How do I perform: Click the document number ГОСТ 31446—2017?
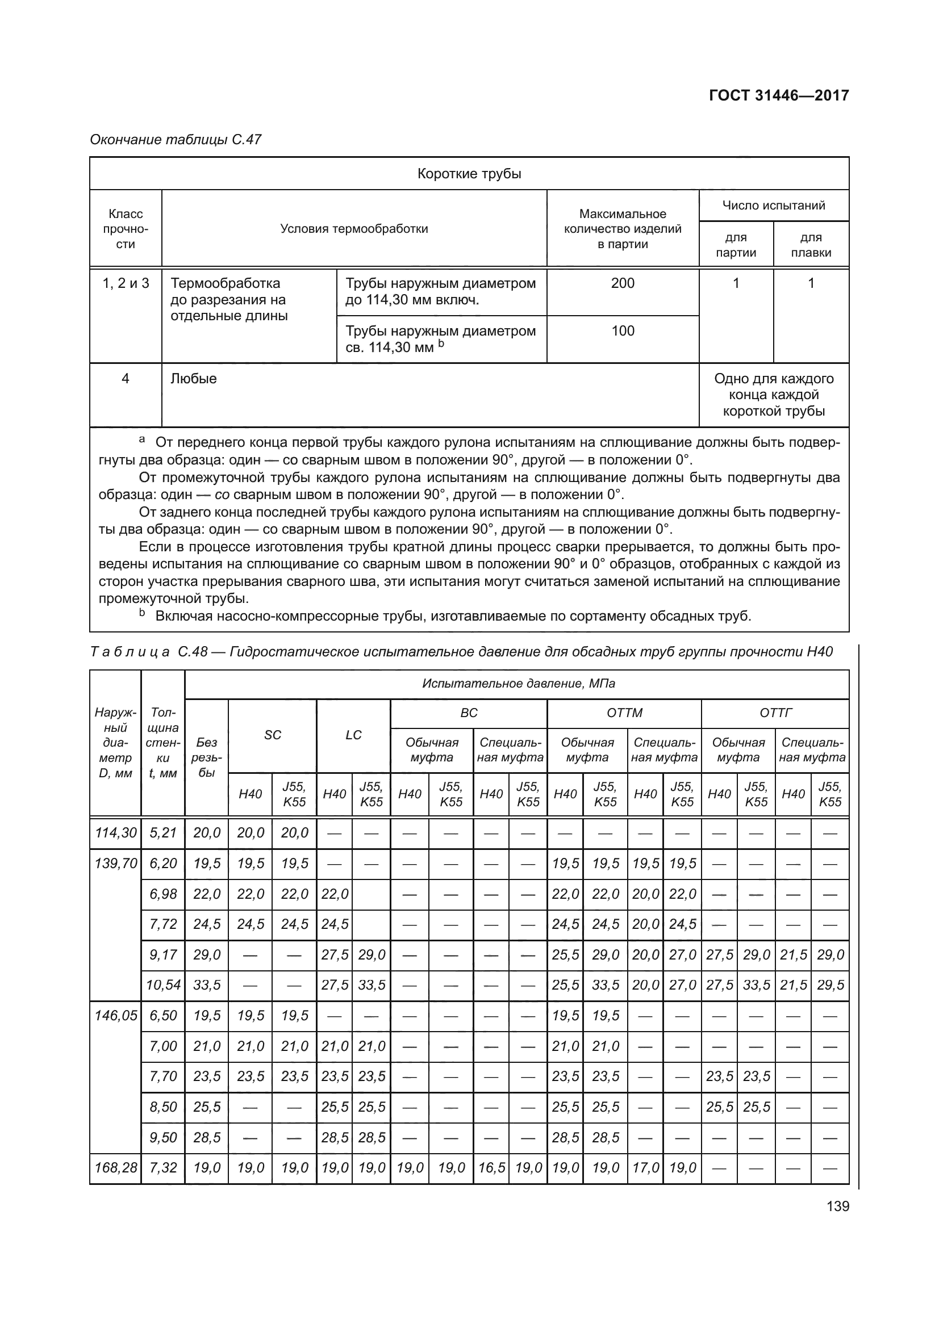(x=779, y=95)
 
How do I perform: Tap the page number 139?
(x=838, y=1206)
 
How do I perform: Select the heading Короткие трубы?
(x=469, y=174)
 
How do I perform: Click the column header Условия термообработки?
(x=354, y=228)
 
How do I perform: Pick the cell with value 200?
(x=623, y=283)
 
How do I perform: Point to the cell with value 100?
(x=623, y=331)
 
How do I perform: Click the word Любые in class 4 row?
(x=194, y=379)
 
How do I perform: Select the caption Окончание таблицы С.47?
(x=176, y=140)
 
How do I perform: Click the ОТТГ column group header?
(x=775, y=713)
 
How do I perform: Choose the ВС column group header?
(x=469, y=713)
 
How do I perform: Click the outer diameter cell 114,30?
(x=116, y=833)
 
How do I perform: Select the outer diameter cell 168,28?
(x=116, y=1168)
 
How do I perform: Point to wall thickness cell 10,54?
(x=163, y=985)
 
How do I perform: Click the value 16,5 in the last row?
(x=491, y=1168)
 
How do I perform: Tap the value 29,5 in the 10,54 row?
(x=831, y=985)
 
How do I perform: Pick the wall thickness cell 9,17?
(x=163, y=954)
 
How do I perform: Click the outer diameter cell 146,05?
(x=116, y=1015)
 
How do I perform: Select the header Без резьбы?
(x=207, y=757)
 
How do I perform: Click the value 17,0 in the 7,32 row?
(x=645, y=1168)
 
